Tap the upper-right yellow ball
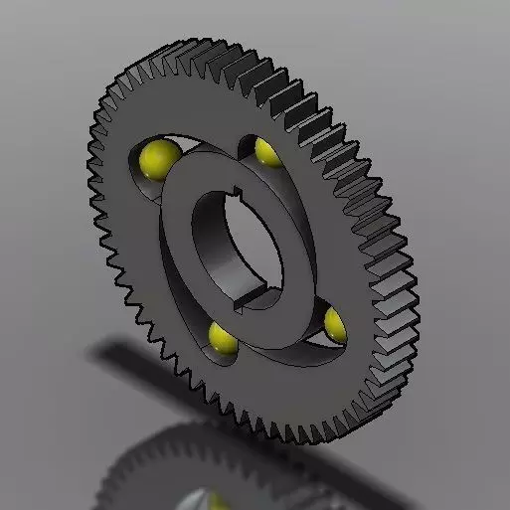pos(265,150)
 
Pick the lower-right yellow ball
pos(335,321)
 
